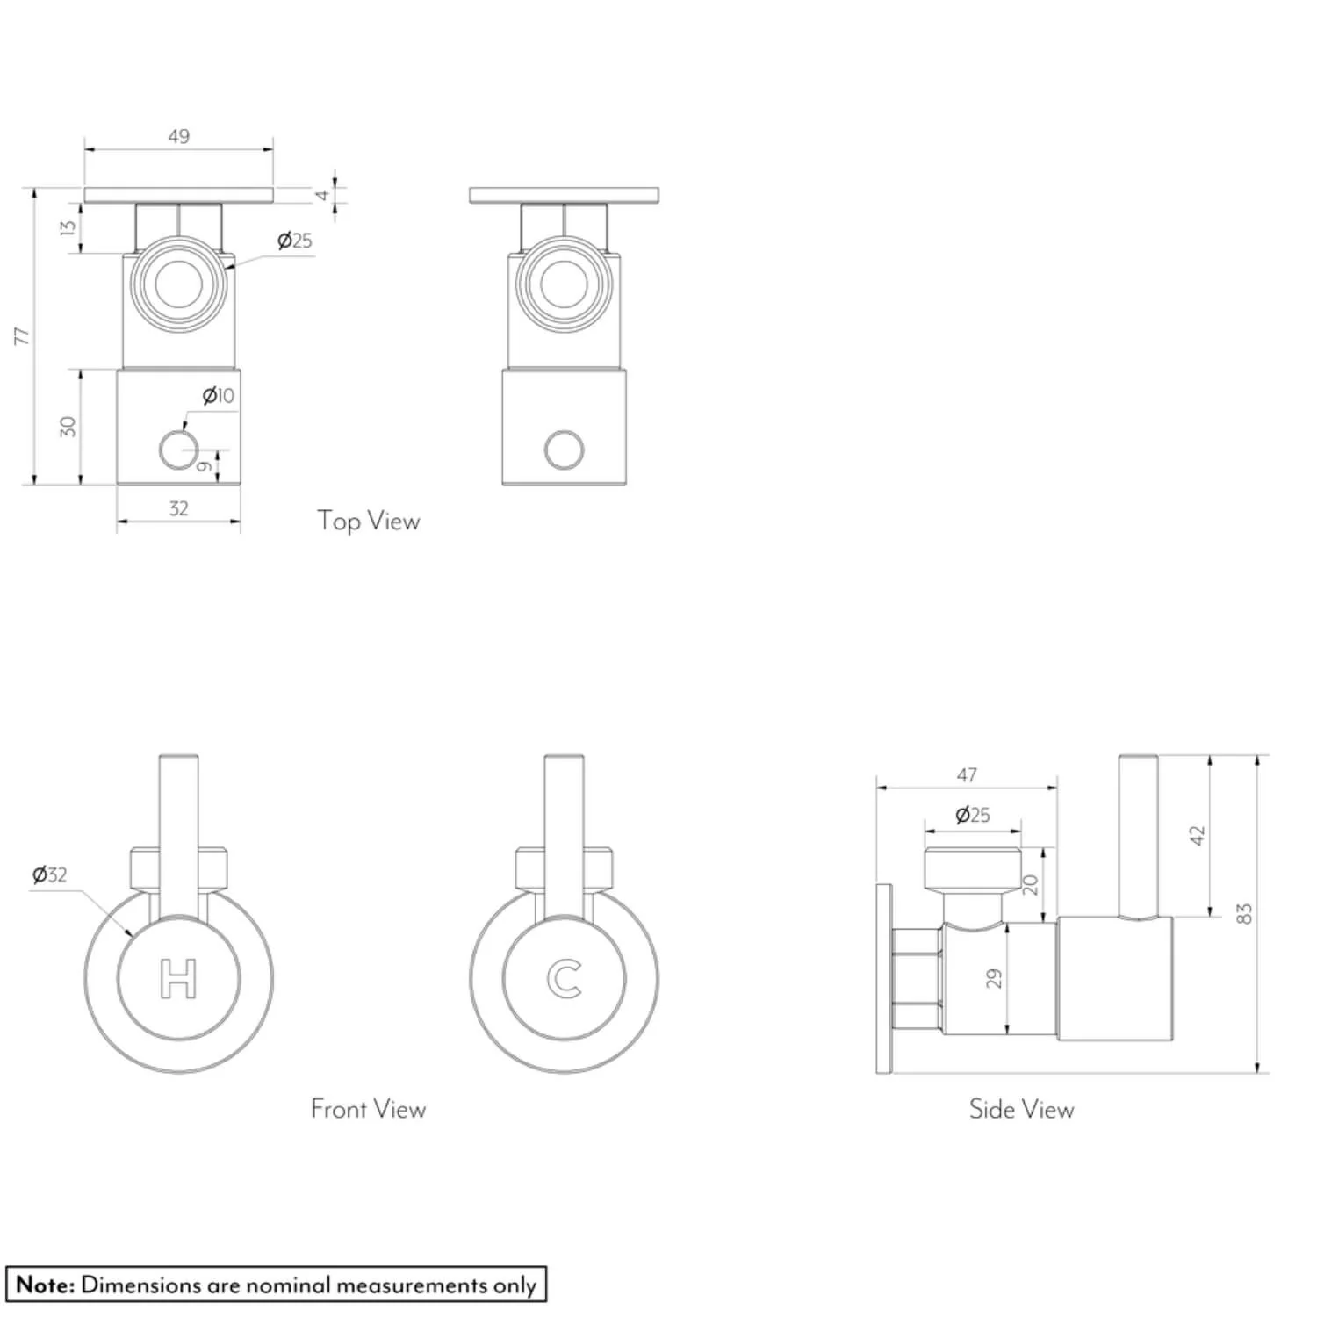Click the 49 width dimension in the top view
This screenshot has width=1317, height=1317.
coord(178,136)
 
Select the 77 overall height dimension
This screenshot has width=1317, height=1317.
coord(22,335)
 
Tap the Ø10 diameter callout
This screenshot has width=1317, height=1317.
coord(219,396)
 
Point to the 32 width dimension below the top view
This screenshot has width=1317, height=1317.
coord(178,508)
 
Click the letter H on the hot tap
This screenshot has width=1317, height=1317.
coord(178,979)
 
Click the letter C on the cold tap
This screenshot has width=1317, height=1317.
coord(564,979)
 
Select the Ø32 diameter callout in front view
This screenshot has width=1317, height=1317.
coord(49,874)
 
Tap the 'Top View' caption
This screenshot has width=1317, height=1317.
coord(369,521)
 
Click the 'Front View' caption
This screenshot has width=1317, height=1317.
coord(368,1109)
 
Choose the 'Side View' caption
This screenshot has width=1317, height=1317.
coord(1021,1109)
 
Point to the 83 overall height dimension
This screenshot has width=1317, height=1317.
coord(1243,913)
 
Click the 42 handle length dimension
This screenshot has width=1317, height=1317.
coord(1197,835)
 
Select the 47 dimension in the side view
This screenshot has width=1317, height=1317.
coord(967,775)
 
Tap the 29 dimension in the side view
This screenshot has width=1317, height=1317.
coord(994,978)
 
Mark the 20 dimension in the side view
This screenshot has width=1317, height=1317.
coord(1031,884)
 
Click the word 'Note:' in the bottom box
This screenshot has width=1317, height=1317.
coord(46,1285)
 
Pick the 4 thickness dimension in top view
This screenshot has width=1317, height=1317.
coord(323,195)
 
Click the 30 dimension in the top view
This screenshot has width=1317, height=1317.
coord(68,427)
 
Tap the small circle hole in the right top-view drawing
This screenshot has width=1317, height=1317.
coord(564,450)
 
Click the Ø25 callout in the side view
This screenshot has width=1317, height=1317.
coord(972,815)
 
